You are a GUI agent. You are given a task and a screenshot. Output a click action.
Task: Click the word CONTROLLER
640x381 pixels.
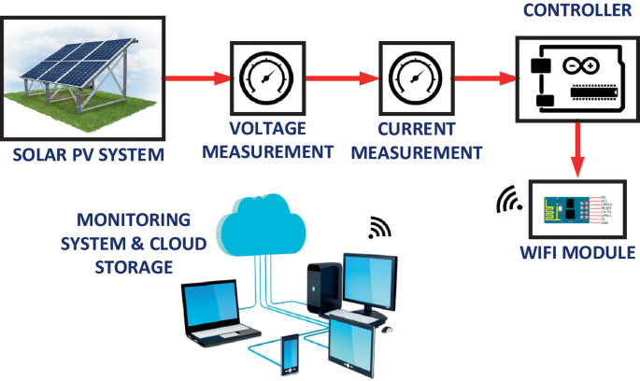click(576, 12)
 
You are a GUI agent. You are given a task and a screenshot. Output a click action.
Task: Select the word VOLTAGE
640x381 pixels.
click(268, 129)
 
